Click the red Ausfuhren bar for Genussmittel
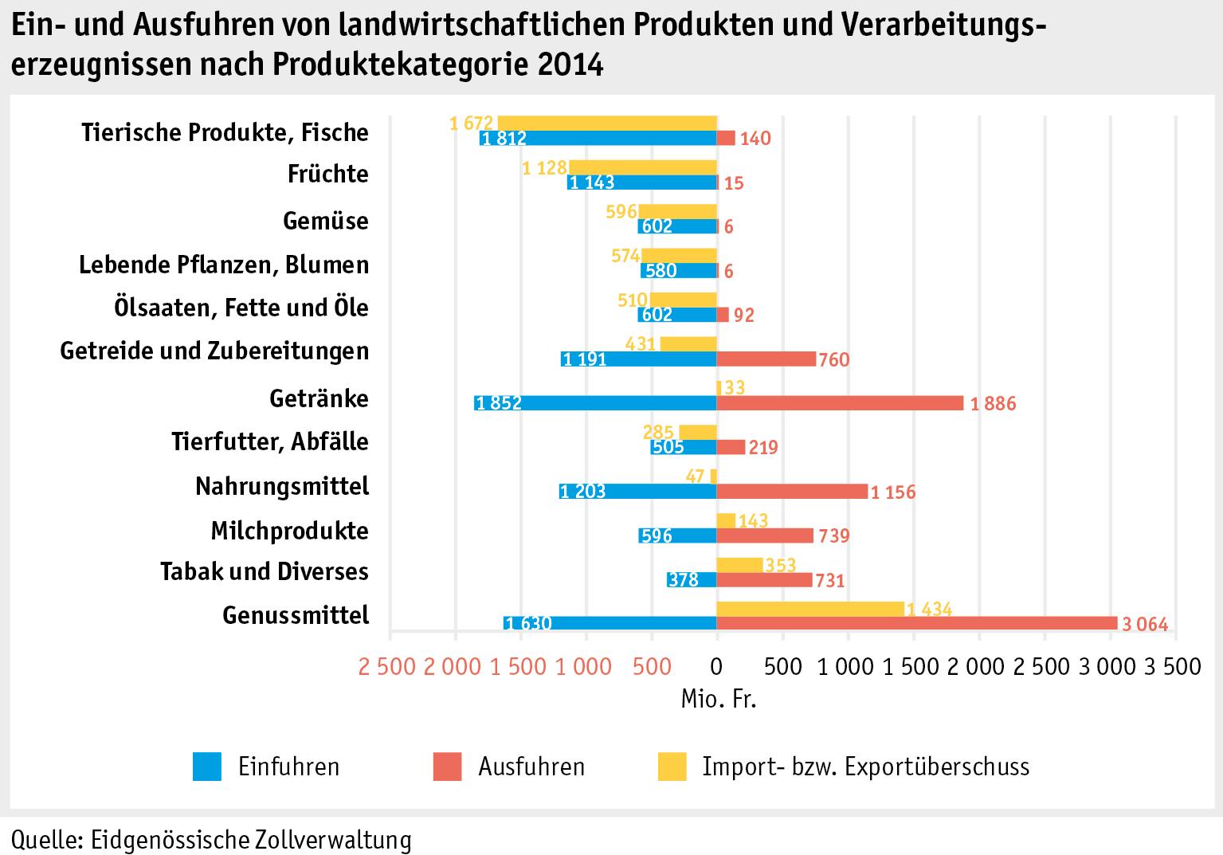pos(916,623)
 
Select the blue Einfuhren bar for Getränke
pos(595,402)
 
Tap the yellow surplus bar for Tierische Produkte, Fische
pos(607,123)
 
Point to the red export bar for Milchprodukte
pos(765,535)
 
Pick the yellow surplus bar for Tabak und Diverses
pos(739,565)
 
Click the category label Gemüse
pos(326,221)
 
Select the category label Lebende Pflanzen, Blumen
pos(224,265)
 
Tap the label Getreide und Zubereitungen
pos(214,351)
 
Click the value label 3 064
pos(1145,626)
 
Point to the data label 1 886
pos(993,404)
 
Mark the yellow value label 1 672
pos(472,124)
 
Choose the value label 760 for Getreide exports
pos(834,360)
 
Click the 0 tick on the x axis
pos(716,666)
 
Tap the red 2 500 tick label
pos(387,666)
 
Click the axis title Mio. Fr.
pos(718,700)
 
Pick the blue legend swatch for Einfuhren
pos(207,767)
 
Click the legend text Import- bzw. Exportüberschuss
pos(865,767)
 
